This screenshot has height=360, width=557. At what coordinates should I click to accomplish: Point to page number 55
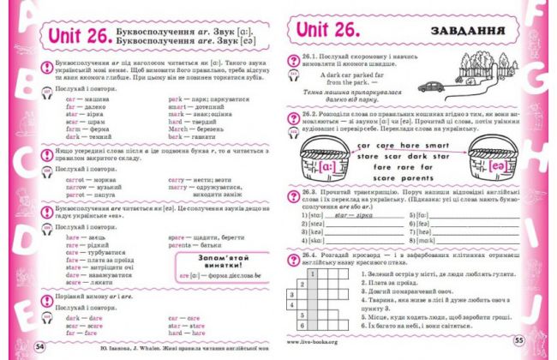[518, 341]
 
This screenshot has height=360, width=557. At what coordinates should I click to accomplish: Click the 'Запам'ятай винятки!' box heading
[206, 259]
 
